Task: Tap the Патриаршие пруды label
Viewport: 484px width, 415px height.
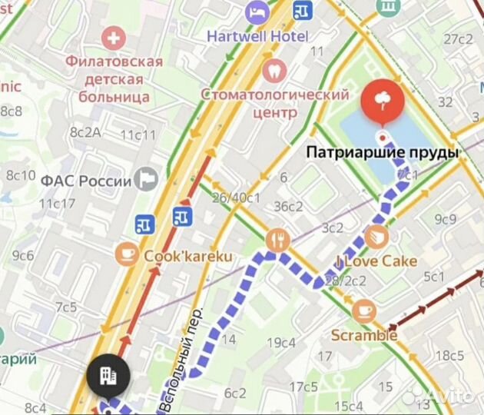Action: (382, 153)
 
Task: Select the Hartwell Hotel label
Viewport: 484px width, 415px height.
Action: (257, 36)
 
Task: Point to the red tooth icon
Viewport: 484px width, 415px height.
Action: (273, 70)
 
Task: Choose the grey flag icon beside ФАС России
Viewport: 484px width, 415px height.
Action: (144, 180)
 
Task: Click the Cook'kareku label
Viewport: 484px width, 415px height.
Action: (188, 257)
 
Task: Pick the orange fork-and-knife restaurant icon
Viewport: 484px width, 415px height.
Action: (277, 241)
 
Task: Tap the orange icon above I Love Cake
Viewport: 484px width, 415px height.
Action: (376, 236)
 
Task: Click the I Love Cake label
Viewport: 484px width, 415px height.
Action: (376, 261)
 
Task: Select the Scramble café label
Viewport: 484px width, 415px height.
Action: (364, 335)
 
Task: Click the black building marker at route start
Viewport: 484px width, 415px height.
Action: (108, 377)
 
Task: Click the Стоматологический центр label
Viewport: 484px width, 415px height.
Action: (275, 103)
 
